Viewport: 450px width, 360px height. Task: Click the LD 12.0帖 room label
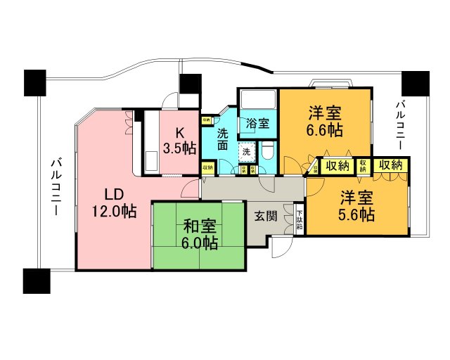[x=113, y=202]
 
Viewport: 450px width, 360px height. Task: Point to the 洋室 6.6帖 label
[x=324, y=122]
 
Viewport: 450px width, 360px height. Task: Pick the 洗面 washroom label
[x=223, y=140]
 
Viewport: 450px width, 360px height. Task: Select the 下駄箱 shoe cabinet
[x=300, y=220]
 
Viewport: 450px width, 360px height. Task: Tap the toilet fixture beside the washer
[x=268, y=152]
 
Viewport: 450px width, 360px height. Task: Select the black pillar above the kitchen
[x=190, y=84]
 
